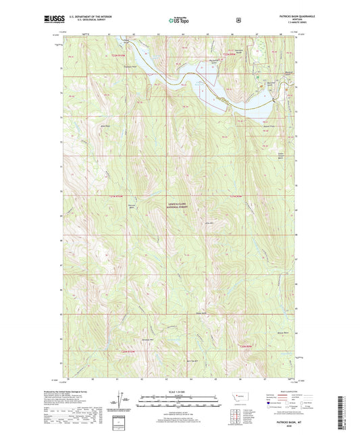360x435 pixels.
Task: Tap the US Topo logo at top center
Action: click(x=180, y=20)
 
